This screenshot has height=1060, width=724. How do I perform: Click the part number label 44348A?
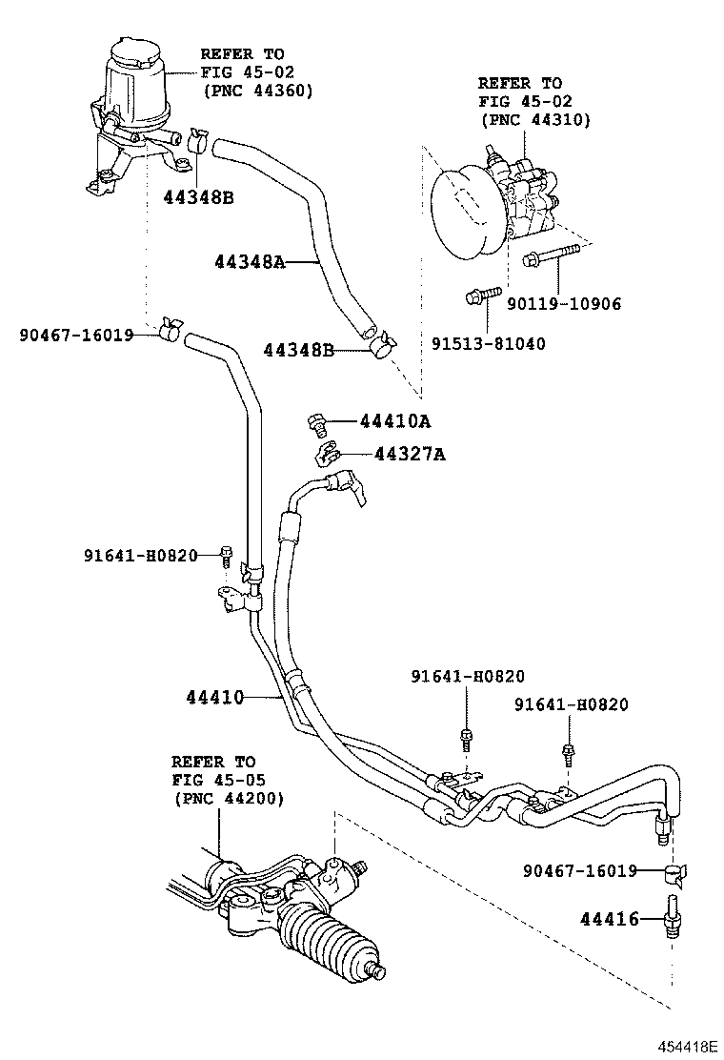pos(249,261)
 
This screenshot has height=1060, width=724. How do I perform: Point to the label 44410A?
pos(395,421)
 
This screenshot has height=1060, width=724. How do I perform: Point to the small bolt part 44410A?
pos(318,421)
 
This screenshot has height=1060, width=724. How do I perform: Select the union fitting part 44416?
pos(674,919)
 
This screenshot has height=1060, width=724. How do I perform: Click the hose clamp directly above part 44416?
pos(675,871)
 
